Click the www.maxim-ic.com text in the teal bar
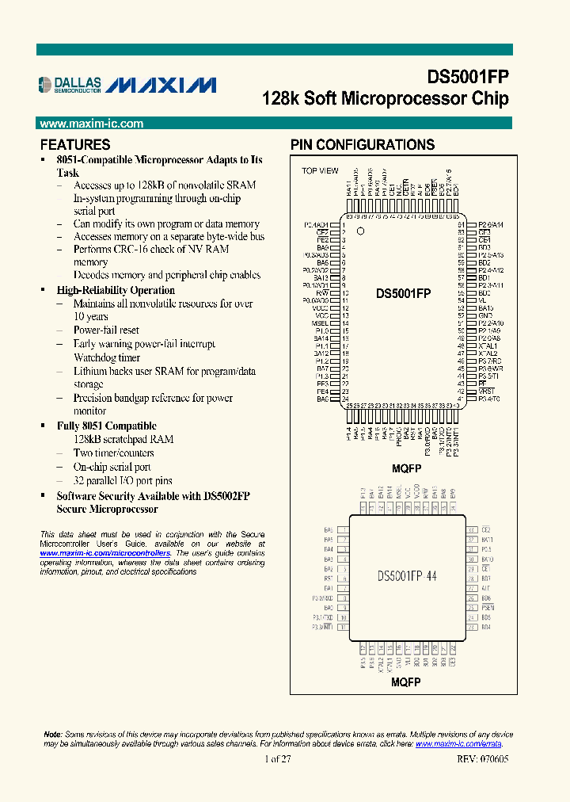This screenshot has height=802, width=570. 91,124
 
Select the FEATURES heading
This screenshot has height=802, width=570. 75,145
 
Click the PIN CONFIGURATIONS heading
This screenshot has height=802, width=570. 362,145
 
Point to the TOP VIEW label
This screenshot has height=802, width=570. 320,171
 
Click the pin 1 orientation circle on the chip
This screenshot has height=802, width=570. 360,232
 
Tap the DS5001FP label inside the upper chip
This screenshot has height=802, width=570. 403,293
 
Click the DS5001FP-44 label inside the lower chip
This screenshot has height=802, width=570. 406,576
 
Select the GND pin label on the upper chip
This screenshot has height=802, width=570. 485,315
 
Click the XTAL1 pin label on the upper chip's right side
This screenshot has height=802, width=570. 488,346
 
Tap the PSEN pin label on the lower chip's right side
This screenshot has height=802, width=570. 487,607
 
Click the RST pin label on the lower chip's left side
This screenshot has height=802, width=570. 329,578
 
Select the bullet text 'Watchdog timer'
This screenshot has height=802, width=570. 106,358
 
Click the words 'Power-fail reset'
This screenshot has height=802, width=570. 106,330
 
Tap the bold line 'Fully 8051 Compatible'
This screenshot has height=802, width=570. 107,426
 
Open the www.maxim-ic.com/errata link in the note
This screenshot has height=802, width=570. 458,744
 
